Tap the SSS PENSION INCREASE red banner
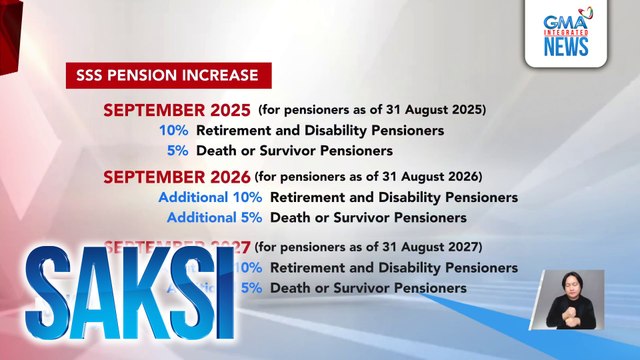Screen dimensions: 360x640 pyautogui.click(x=167, y=75)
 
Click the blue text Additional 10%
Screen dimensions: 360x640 pyautogui.click(x=210, y=197)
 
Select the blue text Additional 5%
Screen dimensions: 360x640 pyautogui.click(x=215, y=217)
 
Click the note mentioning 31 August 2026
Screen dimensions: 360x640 pyautogui.click(x=368, y=177)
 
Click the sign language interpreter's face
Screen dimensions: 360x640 pyautogui.click(x=572, y=285)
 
